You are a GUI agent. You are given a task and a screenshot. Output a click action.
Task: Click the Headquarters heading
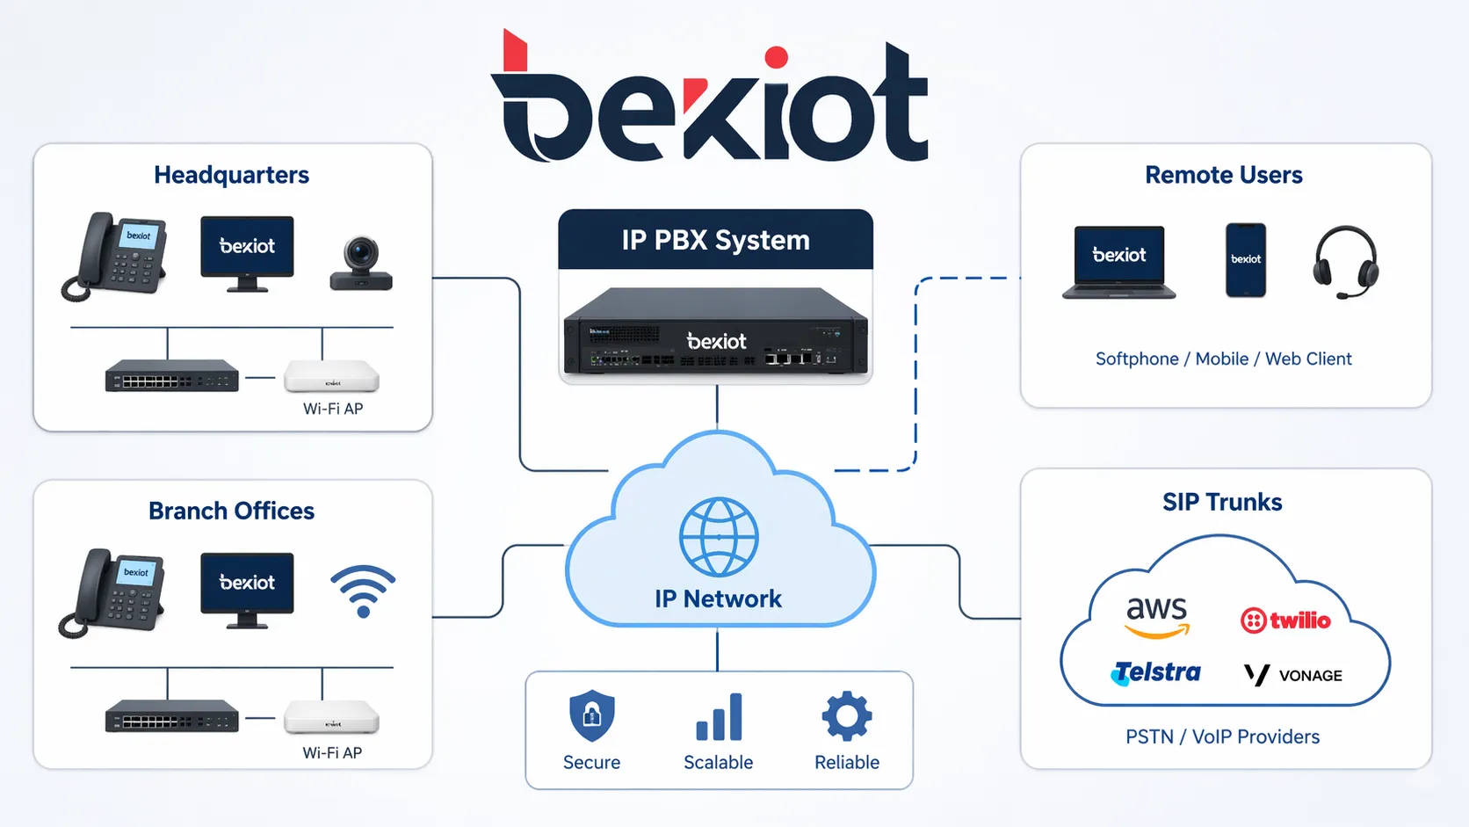231,175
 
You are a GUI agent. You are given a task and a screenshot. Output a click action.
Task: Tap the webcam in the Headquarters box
361,263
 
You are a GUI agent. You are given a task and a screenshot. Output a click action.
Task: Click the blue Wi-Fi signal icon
363,591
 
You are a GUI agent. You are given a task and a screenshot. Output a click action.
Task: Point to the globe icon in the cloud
719,537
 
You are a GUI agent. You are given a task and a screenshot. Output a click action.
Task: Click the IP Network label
718,598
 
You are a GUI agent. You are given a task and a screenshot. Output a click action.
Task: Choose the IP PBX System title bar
715,240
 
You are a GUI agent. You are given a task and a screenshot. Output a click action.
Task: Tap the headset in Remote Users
1345,262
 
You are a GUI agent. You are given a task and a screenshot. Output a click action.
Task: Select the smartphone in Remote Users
1246,260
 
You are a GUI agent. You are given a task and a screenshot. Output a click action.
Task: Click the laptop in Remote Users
1119,262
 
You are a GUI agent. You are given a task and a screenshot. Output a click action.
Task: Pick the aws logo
1157,615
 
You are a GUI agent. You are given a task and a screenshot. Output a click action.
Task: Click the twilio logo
1285,620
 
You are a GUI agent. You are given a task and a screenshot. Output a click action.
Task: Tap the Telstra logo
1156,673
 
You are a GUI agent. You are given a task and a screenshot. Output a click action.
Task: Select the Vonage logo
1293,675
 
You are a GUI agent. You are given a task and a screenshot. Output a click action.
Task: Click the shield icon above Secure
591,715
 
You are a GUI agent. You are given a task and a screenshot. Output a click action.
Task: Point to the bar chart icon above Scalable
719,717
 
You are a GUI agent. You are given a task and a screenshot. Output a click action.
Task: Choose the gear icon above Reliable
847,715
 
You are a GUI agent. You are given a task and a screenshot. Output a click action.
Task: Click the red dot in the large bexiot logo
776,58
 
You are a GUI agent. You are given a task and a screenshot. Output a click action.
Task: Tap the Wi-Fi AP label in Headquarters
333,409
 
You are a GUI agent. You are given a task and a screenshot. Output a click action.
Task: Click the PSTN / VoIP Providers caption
1222,736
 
